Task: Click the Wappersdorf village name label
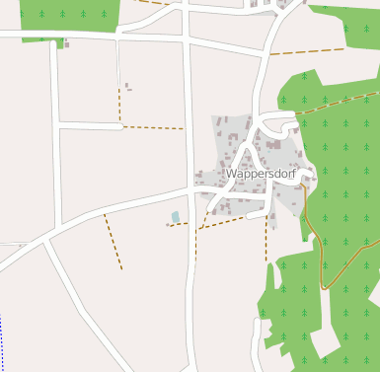261,174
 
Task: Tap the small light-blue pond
176,217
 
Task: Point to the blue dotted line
1,340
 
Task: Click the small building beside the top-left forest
65,44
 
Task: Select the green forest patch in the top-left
69,14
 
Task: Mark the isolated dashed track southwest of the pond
114,243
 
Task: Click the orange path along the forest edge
315,237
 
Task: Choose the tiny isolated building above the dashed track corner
127,87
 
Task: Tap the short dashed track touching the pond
178,225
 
